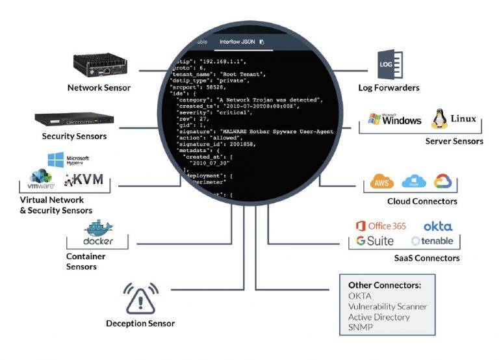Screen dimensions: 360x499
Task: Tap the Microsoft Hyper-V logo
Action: coord(68,160)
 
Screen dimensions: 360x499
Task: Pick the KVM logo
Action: coord(84,179)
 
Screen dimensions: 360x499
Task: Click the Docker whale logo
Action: coord(99,235)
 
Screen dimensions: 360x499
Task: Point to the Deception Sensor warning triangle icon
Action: coord(140,298)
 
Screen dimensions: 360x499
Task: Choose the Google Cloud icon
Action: coord(442,181)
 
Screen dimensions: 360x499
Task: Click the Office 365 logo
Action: coord(380,226)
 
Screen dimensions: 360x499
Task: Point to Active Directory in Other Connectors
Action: coord(379,316)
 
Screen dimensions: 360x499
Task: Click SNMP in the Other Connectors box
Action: coord(360,327)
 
